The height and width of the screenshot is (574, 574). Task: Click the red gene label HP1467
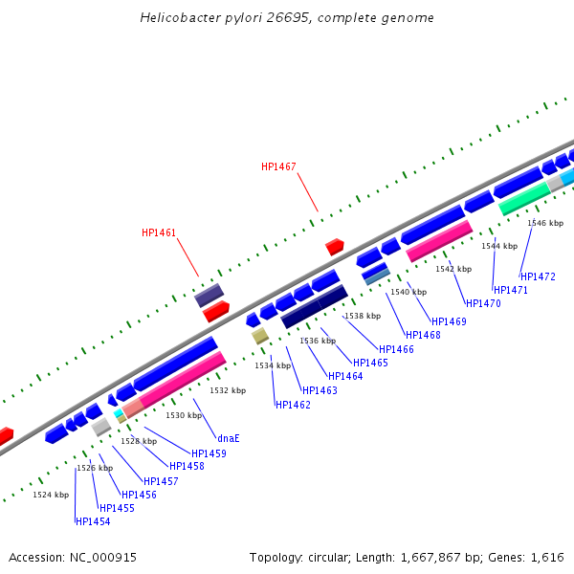point(278,166)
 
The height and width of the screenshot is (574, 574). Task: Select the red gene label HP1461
point(159,232)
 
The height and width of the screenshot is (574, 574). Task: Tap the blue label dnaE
point(228,438)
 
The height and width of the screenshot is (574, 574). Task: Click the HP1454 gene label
point(93,521)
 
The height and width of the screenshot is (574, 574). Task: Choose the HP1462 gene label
point(293,405)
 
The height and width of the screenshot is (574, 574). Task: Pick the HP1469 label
point(449,321)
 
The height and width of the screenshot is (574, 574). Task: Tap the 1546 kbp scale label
point(545,223)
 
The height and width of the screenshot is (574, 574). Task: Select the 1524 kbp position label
point(51,495)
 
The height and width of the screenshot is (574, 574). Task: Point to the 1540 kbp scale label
point(408,292)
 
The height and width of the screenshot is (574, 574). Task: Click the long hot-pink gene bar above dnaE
point(182,380)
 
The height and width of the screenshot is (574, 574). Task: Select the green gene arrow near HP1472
point(524,198)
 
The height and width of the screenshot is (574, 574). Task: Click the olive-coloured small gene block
point(259,336)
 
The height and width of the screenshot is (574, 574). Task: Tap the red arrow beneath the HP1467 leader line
point(334,247)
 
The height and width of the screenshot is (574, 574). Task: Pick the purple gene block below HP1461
point(210,295)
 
